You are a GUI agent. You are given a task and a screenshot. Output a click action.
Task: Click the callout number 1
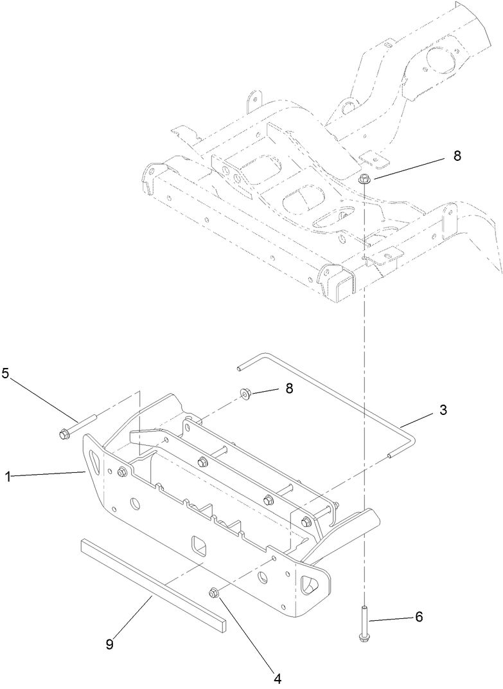(x=8, y=477)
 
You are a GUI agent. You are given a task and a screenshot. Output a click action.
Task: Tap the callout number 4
(x=278, y=677)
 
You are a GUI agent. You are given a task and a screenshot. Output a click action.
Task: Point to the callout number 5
(x=6, y=374)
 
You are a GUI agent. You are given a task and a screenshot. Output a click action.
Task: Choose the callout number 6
(x=418, y=616)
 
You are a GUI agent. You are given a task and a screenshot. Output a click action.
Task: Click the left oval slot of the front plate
(x=94, y=462)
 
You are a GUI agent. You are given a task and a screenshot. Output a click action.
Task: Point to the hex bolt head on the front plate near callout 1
(x=121, y=473)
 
